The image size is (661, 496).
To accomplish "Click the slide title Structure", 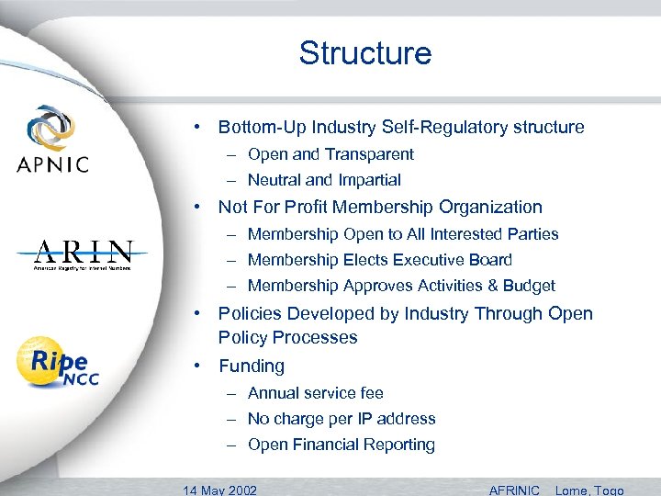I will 364,53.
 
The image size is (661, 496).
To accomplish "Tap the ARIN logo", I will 84,254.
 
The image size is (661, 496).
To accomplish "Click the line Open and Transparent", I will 330,154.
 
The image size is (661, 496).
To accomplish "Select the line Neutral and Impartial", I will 324,181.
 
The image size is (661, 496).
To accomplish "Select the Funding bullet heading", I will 252,366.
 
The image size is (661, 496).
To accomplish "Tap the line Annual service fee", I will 315,393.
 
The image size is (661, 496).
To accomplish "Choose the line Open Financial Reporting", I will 341,445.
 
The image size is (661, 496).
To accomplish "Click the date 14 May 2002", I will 219,490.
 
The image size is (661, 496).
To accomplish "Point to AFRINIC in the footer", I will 514,490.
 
